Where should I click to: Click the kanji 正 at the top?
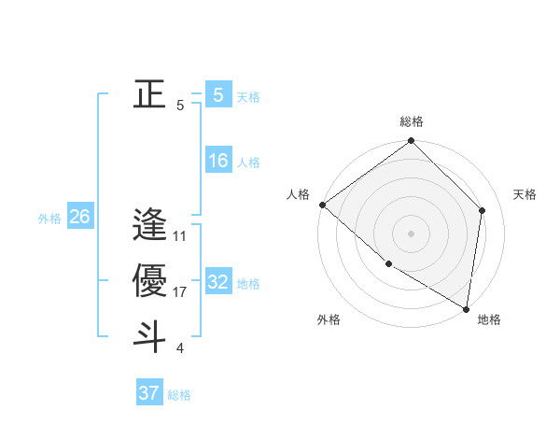click(149, 94)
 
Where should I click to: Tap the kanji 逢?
click(149, 225)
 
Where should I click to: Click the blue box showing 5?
click(218, 94)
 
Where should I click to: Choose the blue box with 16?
click(218, 161)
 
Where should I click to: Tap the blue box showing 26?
click(79, 217)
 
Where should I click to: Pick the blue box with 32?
click(218, 282)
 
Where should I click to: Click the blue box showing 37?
click(149, 393)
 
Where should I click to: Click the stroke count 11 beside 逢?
click(180, 236)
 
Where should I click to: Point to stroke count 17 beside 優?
click(180, 292)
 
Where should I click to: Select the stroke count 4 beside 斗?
click(180, 348)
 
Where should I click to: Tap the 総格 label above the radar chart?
click(412, 121)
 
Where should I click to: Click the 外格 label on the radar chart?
click(329, 319)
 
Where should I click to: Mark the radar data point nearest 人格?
click(322, 205)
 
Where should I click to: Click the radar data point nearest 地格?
click(465, 307)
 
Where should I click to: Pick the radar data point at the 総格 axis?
click(412, 142)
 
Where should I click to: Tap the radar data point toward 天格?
click(483, 210)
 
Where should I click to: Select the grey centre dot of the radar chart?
click(412, 233)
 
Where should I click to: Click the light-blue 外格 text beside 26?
click(49, 219)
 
